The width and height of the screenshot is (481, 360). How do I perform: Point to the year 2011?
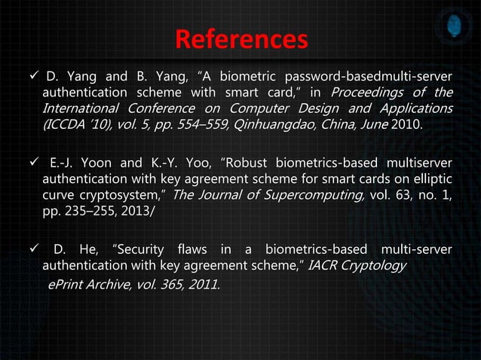coord(201,283)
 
